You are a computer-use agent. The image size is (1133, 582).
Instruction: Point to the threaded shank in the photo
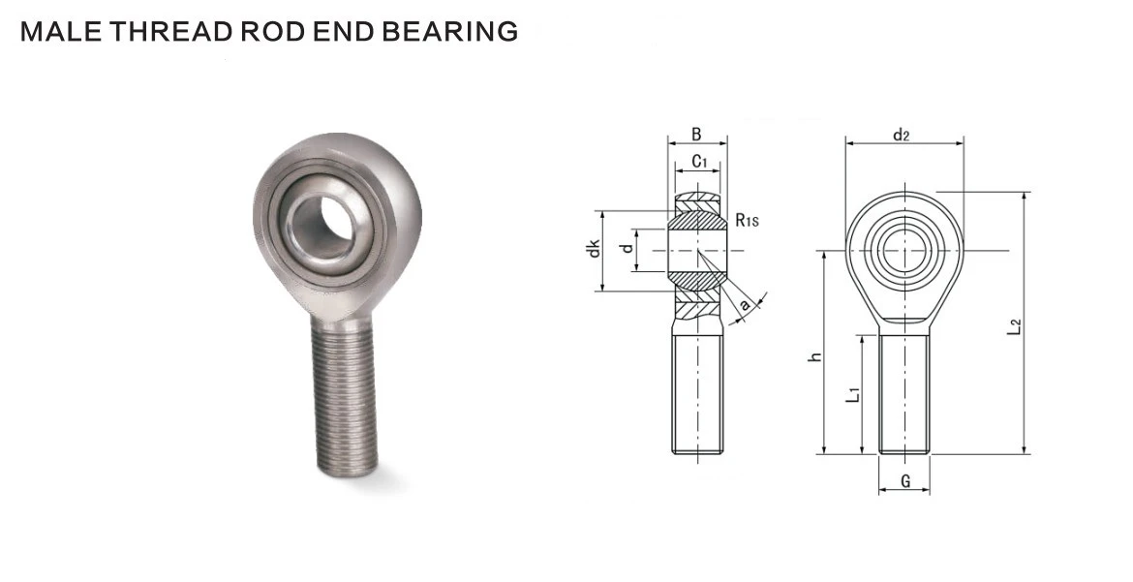[x=346, y=393]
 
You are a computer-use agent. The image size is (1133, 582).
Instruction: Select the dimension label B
[x=696, y=135]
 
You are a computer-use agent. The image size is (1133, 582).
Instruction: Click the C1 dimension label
[x=699, y=162]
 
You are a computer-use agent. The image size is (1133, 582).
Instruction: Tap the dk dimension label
[x=594, y=249]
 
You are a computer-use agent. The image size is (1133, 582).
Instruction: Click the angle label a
[x=745, y=305]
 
